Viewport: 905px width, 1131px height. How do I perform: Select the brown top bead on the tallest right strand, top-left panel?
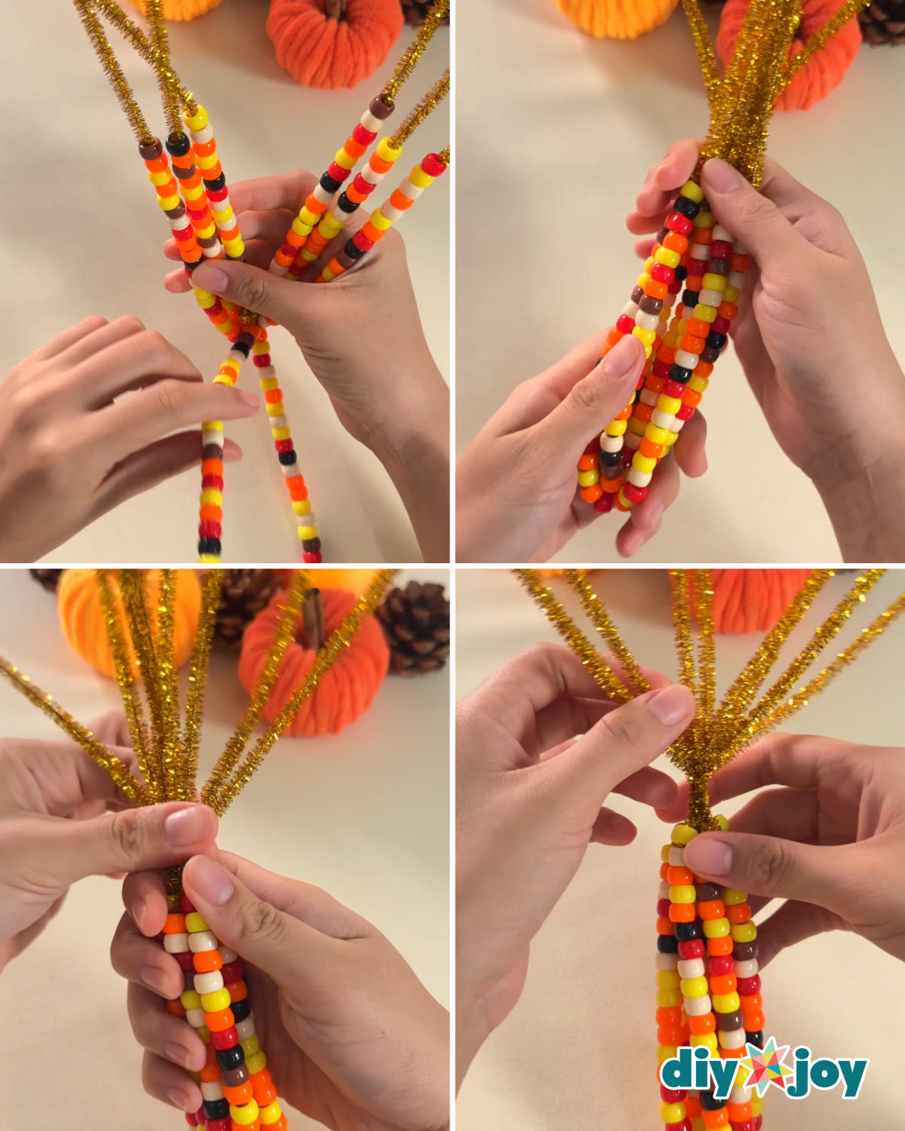(x=381, y=107)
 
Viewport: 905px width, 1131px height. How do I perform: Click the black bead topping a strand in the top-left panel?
(x=177, y=143)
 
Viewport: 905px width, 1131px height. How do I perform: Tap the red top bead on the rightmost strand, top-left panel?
(x=434, y=164)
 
